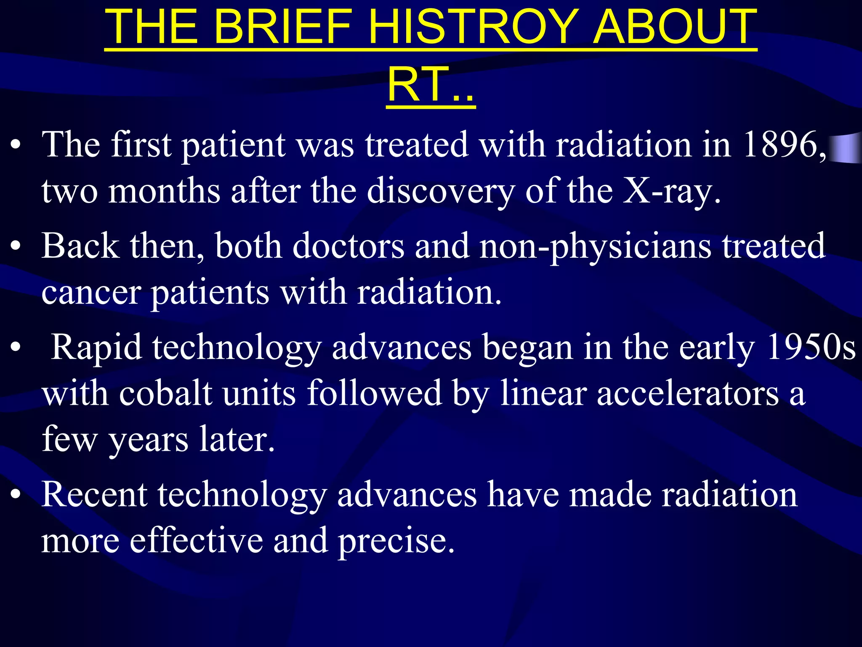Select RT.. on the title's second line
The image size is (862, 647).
(431, 86)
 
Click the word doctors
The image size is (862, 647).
(348, 246)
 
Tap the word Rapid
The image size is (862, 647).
(96, 348)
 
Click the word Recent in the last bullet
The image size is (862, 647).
(94, 494)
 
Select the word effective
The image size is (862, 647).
(196, 540)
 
